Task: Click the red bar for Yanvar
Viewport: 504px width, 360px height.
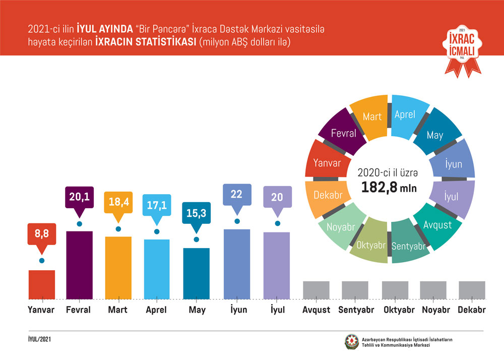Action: click(42, 284)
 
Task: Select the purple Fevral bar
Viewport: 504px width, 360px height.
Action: click(79, 265)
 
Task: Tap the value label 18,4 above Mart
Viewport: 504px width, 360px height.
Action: click(118, 202)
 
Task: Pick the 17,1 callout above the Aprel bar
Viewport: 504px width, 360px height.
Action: click(156, 206)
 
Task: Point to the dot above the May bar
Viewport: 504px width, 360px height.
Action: click(197, 239)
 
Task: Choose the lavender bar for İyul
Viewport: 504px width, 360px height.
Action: click(277, 265)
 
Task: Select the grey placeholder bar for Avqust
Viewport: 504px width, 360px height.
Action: click(316, 289)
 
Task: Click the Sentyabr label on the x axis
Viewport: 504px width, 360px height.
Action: click(356, 310)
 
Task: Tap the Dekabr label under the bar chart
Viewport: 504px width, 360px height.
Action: click(472, 310)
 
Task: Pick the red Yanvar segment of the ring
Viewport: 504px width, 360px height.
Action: click(327, 163)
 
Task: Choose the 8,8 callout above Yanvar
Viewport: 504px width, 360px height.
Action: click(41, 233)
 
